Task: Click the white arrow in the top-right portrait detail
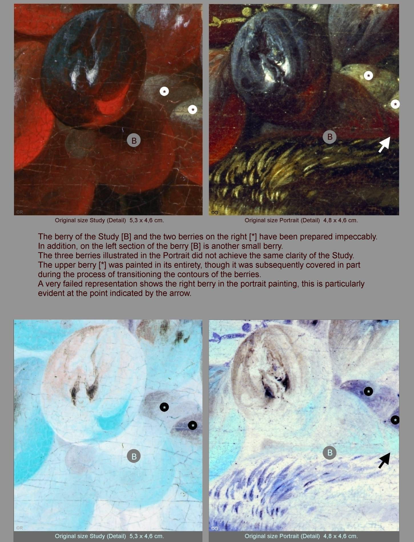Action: [385, 144]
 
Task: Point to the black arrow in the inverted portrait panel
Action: [385, 460]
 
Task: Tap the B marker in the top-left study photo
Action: [134, 140]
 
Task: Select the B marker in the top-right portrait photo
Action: [330, 137]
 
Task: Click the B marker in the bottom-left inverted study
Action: [134, 456]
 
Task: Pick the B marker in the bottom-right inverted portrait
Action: [330, 453]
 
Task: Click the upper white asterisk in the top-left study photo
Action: [164, 91]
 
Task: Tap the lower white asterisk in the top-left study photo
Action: [193, 110]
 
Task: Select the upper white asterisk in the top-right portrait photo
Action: [368, 76]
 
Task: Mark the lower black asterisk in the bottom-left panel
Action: [193, 425]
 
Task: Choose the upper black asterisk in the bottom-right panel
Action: [368, 391]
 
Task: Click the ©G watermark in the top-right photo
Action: [215, 212]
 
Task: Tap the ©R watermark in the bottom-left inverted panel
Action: [19, 528]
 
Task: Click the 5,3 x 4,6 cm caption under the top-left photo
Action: [147, 220]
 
